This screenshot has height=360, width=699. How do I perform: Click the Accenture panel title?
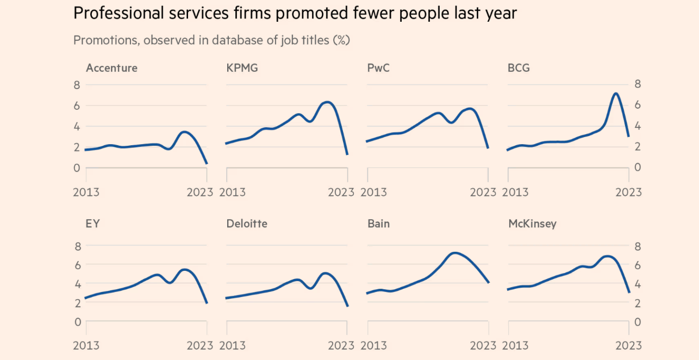tap(111, 68)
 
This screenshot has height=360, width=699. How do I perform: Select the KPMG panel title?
tap(242, 68)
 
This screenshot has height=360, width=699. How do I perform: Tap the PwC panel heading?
tap(379, 68)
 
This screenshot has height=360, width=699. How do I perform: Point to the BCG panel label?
tap(519, 68)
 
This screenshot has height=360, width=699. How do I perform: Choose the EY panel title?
tap(93, 224)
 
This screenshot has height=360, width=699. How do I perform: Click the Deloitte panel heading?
tap(247, 224)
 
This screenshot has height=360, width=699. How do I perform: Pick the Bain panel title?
tap(379, 224)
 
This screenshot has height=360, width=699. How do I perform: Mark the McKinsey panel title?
tap(532, 224)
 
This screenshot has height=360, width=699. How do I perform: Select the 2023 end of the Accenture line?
tap(207, 163)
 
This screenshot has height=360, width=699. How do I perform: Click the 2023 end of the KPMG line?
tap(347, 154)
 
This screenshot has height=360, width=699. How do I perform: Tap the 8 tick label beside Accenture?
tap(77, 85)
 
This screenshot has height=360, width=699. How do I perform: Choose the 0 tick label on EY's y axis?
tap(77, 322)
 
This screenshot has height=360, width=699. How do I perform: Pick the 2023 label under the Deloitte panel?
tap(341, 345)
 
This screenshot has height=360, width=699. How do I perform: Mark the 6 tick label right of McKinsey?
tap(638, 265)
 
